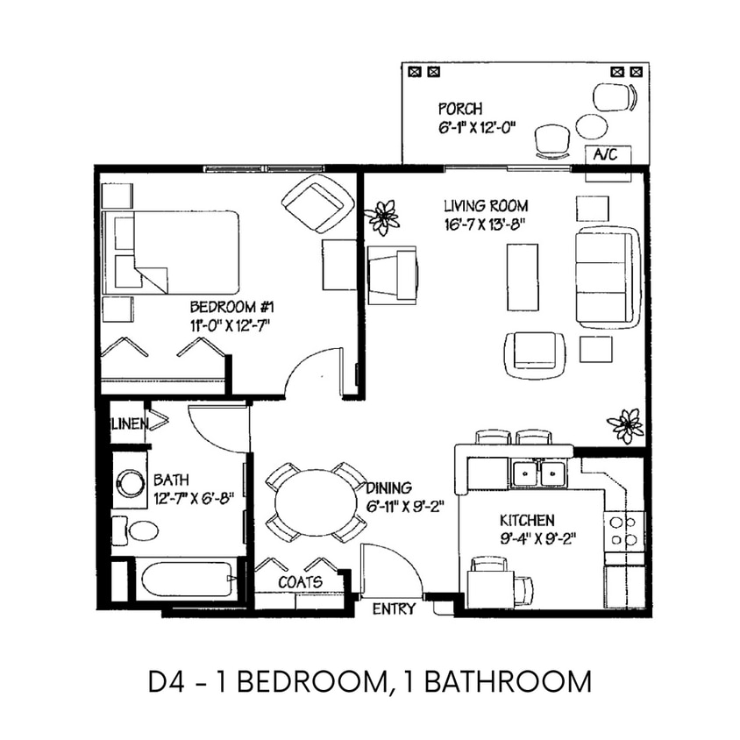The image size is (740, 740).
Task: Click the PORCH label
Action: tap(459, 110)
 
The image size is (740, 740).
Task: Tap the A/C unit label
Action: tap(606, 155)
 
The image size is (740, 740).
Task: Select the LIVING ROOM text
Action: tap(485, 206)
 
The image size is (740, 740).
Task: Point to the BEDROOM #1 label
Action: tap(233, 308)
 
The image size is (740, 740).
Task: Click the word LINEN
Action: tap(128, 424)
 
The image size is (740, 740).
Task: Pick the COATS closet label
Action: tap(300, 581)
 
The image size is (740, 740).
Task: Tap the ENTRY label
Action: tap(394, 609)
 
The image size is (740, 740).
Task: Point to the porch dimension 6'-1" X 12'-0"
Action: tap(477, 126)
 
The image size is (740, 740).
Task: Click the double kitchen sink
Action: tap(538, 474)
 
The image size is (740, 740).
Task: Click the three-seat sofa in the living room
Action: tap(608, 276)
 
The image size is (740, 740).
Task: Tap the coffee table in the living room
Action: tap(523, 276)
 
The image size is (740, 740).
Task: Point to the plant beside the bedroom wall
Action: tap(382, 217)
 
